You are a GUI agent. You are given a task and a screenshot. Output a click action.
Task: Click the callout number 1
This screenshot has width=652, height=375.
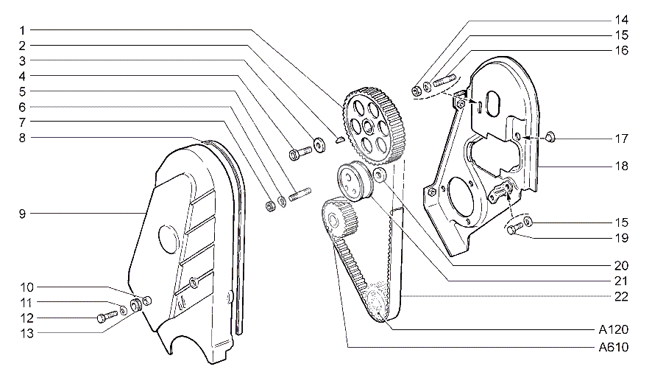click(22, 30)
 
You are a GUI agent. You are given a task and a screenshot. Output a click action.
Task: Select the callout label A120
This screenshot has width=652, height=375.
click(613, 329)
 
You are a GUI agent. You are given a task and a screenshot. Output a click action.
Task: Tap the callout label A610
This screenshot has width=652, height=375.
click(613, 347)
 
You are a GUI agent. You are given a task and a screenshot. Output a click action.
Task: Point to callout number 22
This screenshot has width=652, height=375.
click(621, 297)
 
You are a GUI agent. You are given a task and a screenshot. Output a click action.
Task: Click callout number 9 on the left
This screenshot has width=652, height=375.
click(22, 214)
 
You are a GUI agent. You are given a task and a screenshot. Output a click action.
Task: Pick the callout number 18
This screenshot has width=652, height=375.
click(621, 166)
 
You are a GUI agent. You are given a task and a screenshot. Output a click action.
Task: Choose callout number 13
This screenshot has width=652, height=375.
click(26, 334)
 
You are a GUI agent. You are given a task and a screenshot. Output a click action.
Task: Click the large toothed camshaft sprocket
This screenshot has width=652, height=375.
click(375, 125)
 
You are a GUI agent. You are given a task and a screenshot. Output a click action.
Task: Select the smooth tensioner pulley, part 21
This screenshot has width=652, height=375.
click(355, 181)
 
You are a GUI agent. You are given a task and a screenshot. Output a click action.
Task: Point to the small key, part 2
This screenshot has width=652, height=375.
click(340, 139)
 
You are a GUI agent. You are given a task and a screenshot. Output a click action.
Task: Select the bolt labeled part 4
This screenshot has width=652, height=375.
click(300, 153)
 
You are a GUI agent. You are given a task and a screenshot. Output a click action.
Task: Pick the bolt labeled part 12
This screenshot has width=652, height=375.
click(107, 316)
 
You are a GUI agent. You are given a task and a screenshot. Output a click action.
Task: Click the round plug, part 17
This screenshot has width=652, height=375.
click(550, 136)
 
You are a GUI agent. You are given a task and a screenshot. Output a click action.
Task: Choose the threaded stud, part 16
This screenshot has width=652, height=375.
click(445, 80)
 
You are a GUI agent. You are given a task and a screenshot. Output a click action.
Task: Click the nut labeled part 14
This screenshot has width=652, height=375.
click(417, 91)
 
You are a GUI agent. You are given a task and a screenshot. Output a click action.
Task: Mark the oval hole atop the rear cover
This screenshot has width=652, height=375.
click(494, 102)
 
